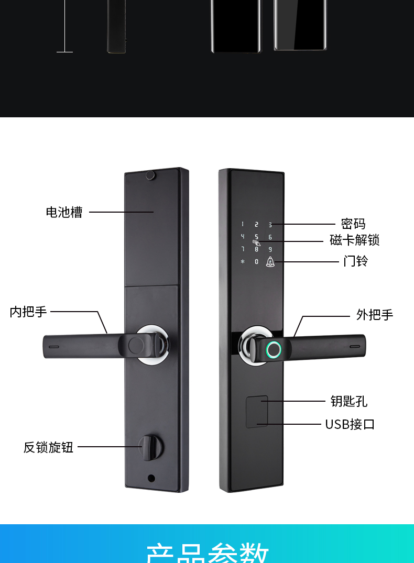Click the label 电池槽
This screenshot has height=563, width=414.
(64, 212)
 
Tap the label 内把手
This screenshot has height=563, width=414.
(28, 312)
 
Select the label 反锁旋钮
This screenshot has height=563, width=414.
(48, 447)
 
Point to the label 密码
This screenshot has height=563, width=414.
(353, 224)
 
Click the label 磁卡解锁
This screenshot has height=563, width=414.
(354, 240)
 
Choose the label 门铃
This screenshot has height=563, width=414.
(356, 261)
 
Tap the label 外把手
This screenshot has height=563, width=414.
(374, 315)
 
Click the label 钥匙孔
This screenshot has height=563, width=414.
(348, 401)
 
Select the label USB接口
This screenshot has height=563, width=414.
(350, 424)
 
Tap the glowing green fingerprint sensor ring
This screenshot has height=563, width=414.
(273, 350)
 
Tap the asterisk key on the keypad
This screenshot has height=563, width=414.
(243, 261)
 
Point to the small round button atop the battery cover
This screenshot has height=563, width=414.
(151, 175)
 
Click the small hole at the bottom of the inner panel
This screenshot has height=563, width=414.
(151, 478)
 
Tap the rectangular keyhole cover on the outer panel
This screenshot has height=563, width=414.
(257, 412)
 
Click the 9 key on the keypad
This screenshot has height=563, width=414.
(270, 249)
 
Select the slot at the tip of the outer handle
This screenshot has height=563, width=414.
(355, 347)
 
